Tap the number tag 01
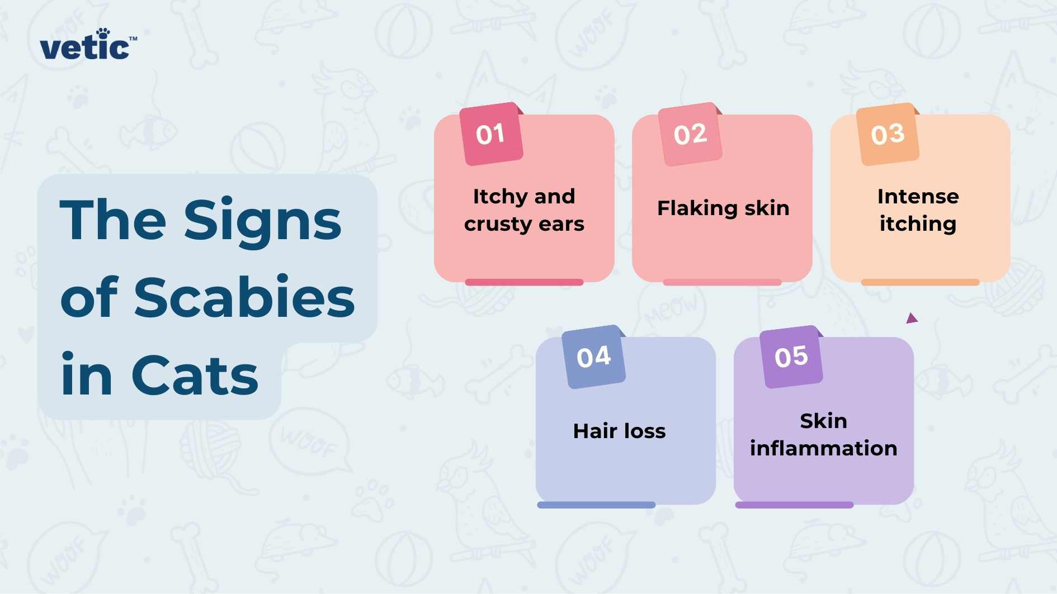click(x=491, y=134)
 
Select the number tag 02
click(x=690, y=134)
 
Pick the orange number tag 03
click(x=888, y=134)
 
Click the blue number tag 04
click(x=593, y=357)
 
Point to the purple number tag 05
click(x=791, y=357)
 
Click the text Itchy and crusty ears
click(x=524, y=210)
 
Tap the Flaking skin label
click(x=723, y=208)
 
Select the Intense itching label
click(x=918, y=210)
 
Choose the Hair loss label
click(x=619, y=431)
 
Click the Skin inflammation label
click(x=823, y=435)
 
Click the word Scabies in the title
click(x=244, y=297)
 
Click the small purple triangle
click(x=912, y=319)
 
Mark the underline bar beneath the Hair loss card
click(x=596, y=505)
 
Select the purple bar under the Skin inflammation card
click(x=794, y=505)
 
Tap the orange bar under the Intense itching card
click(x=920, y=282)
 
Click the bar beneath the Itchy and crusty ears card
click(x=524, y=282)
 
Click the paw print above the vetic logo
click(x=103, y=33)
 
